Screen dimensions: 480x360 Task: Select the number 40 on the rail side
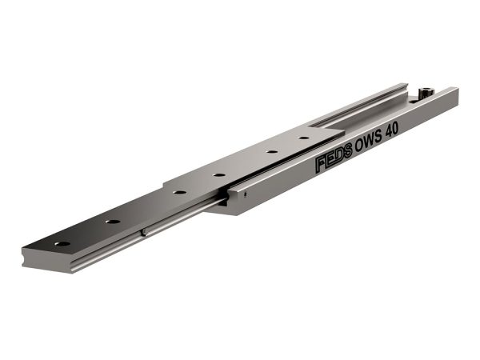(392, 130)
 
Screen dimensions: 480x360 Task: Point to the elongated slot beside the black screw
(414, 101)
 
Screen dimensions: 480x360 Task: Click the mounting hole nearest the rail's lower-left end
(62, 244)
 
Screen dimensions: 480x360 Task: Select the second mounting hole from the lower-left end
(113, 221)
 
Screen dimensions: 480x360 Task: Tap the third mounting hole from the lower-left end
(179, 193)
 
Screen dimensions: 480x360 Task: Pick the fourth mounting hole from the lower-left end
(219, 175)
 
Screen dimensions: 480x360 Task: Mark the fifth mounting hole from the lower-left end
(271, 151)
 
